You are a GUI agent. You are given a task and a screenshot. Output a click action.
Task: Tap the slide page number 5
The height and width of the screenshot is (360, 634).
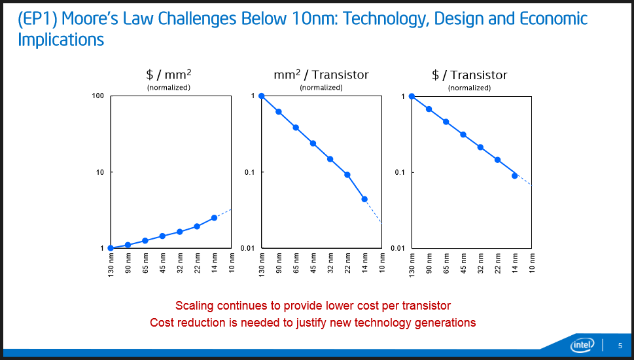click(620, 346)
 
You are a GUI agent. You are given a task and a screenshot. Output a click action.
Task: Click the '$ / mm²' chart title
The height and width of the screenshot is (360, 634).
click(168, 75)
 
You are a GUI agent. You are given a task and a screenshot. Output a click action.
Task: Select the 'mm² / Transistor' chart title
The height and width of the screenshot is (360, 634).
click(321, 75)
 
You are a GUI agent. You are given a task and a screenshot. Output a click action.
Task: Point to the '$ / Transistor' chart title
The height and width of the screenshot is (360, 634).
click(469, 75)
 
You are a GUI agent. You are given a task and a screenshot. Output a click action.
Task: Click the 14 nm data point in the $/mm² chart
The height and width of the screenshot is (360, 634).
click(214, 218)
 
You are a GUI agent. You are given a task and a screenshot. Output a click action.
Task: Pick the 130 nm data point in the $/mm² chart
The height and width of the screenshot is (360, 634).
click(111, 248)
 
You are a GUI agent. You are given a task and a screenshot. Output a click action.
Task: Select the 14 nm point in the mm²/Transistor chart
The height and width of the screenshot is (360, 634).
click(364, 199)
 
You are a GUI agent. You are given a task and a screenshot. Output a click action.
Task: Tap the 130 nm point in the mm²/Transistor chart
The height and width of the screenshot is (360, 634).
click(261, 96)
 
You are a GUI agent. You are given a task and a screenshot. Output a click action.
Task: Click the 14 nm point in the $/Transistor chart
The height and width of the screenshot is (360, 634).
click(515, 175)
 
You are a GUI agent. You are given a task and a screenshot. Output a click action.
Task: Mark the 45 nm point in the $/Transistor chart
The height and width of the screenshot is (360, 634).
click(463, 135)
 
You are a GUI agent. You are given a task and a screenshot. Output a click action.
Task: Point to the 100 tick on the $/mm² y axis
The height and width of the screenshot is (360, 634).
click(99, 96)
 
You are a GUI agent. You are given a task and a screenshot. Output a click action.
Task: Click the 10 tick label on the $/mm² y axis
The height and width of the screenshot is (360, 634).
click(101, 172)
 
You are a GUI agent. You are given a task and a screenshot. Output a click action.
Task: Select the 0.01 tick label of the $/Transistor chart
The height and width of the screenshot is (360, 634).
click(398, 248)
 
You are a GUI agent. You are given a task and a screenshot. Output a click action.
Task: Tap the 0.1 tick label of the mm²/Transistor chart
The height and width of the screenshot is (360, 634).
click(249, 172)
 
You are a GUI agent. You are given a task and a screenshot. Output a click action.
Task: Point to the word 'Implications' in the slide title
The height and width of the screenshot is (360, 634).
click(61, 40)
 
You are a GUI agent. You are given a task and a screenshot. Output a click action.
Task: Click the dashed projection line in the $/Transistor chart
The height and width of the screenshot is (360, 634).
click(523, 180)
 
